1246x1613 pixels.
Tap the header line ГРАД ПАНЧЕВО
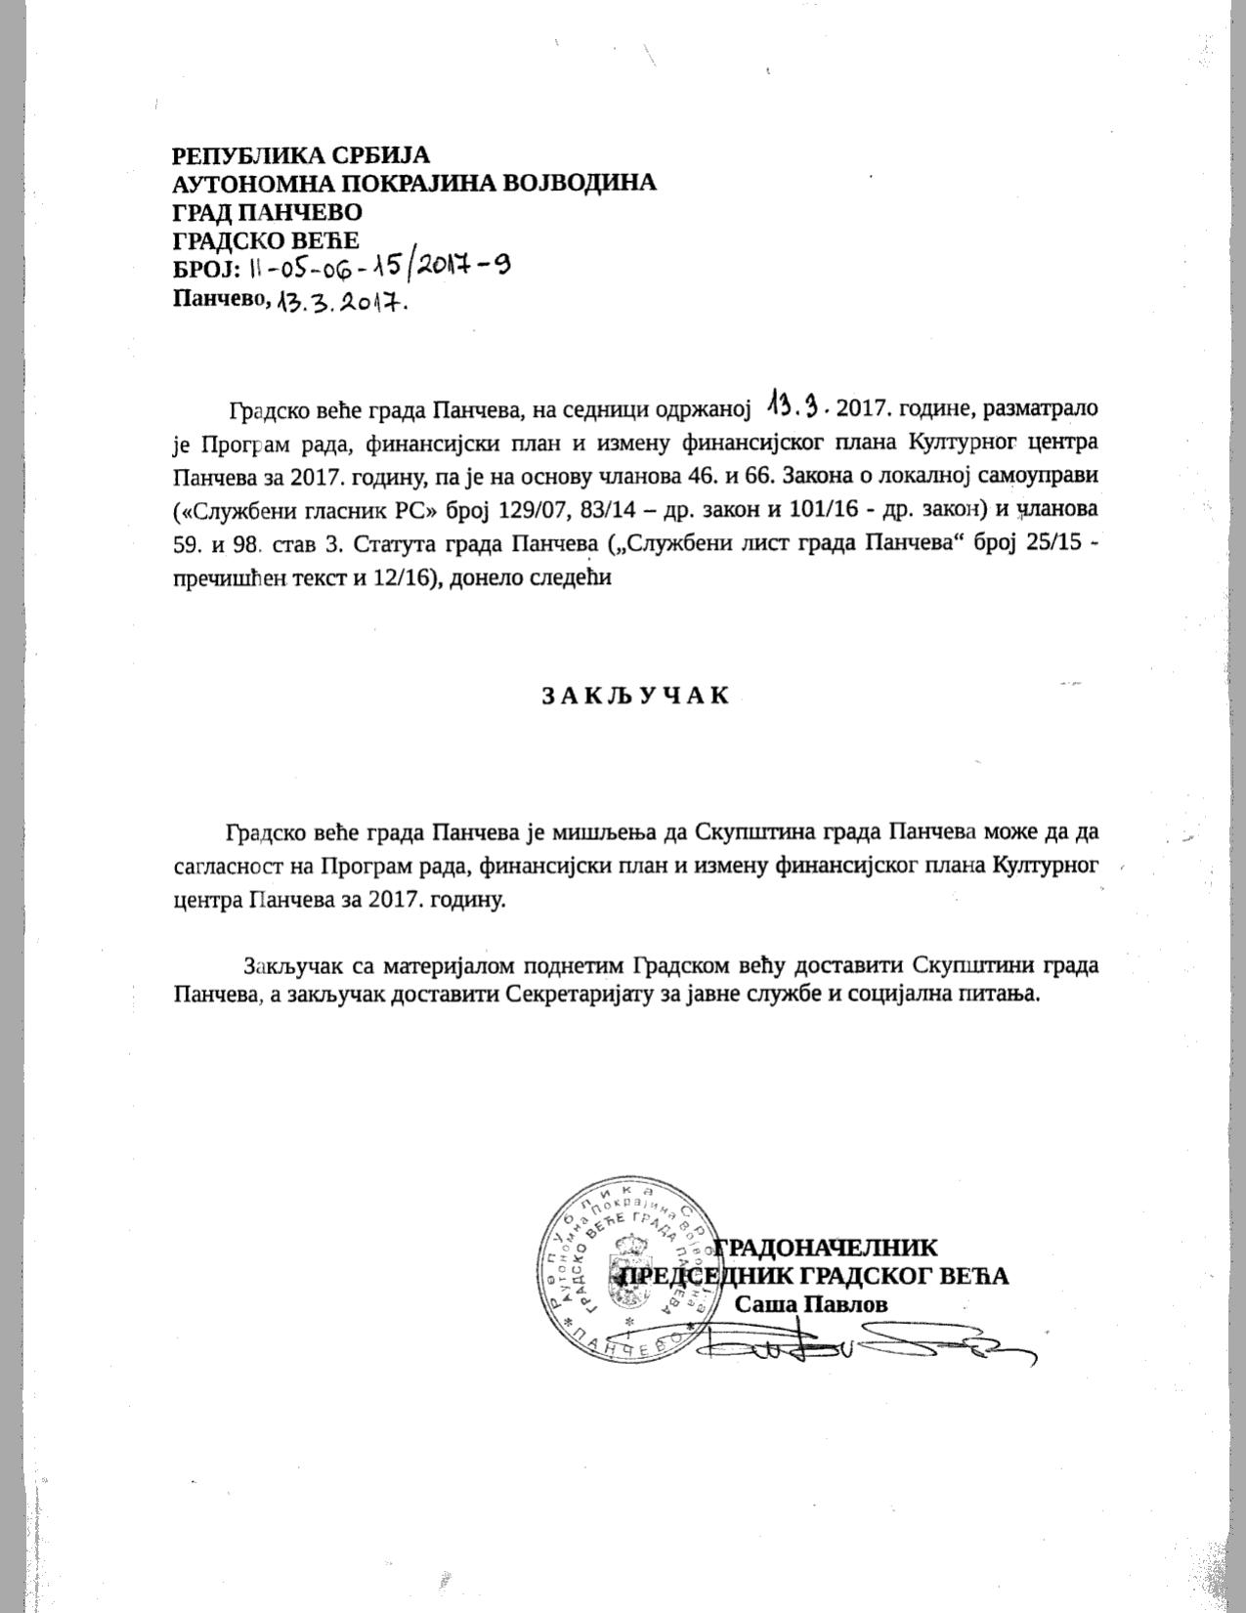click(267, 212)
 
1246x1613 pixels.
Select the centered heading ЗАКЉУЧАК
click(636, 696)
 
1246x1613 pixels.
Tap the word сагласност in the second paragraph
click(227, 866)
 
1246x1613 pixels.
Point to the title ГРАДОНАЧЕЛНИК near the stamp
click(827, 1248)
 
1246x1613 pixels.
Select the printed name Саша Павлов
click(811, 1304)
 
